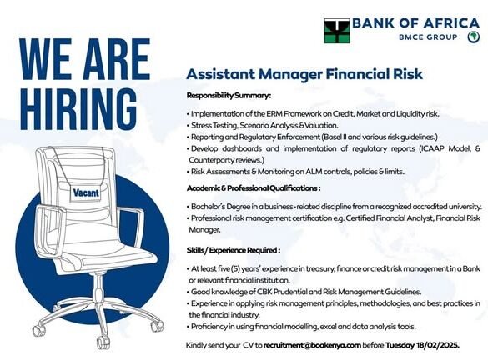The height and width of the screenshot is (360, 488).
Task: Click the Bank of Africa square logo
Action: tap(337, 31)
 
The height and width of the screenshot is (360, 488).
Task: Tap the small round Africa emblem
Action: tap(473, 37)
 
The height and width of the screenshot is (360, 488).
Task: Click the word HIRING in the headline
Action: tap(78, 109)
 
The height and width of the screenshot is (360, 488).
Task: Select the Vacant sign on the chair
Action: tap(86, 193)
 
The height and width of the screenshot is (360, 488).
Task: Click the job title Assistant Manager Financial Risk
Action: tap(304, 74)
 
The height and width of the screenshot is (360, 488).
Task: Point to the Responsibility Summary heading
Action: tap(229, 96)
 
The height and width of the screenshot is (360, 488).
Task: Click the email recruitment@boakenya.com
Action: tap(312, 345)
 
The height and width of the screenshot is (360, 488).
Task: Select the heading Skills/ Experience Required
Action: tap(233, 250)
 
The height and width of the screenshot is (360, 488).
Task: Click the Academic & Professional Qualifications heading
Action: tap(254, 188)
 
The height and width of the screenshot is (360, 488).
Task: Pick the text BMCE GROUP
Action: tap(428, 37)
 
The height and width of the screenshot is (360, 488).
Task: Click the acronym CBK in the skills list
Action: tap(264, 292)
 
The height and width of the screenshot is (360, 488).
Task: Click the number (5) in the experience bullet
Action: tap(235, 268)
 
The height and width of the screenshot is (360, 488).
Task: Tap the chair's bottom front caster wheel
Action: tap(103, 342)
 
